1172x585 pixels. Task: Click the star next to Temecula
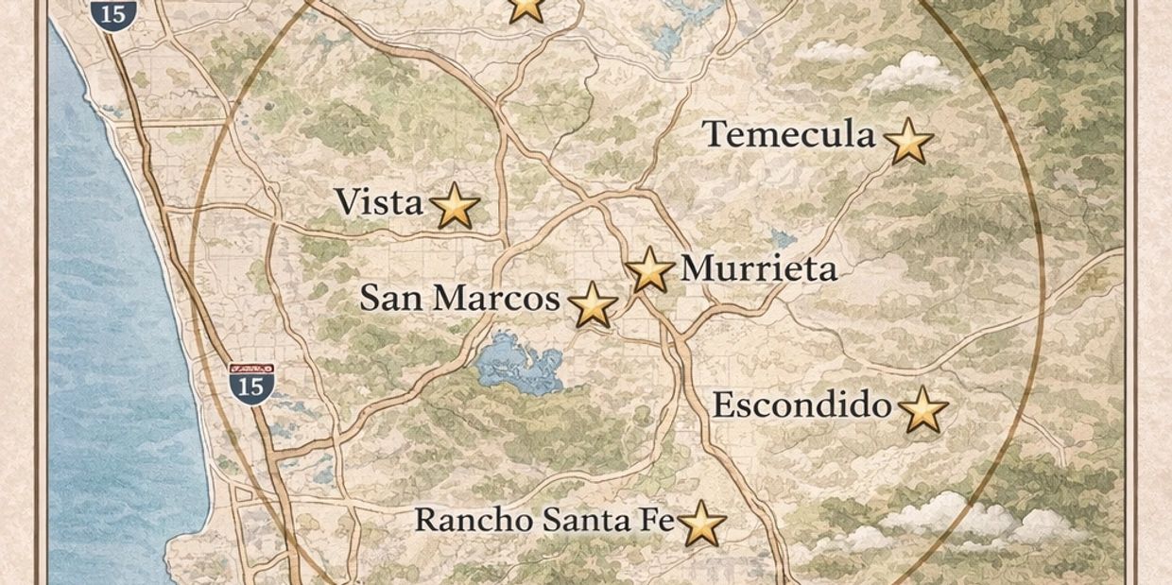(908, 142)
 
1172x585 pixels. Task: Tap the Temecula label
(789, 135)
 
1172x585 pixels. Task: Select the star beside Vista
(455, 206)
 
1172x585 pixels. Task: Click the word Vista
(378, 201)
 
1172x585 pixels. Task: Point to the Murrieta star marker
(650, 270)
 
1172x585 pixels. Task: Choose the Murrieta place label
(759, 269)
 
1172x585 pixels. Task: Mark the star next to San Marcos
(593, 305)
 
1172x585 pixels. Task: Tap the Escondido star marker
(922, 410)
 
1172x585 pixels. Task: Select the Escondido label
(801, 406)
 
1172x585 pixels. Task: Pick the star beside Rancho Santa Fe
(701, 525)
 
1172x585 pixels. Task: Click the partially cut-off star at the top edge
(526, 9)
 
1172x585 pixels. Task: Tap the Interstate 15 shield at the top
(114, 13)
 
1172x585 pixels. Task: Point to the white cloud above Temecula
(909, 71)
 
